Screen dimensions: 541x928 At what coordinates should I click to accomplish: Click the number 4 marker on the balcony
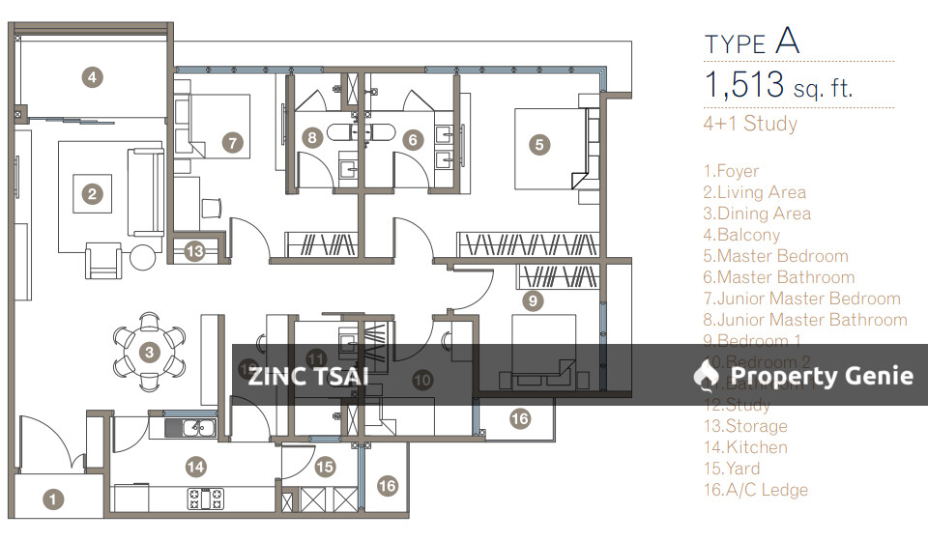coord(91,77)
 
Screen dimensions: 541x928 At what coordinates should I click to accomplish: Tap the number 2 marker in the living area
coord(92,194)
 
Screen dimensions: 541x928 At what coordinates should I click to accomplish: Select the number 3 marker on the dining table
coord(149,353)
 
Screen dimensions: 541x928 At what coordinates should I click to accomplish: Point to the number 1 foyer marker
coord(53,499)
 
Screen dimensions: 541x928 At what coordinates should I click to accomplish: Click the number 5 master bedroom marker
coord(539,145)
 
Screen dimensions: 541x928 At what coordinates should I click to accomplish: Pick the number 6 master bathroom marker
coord(414,140)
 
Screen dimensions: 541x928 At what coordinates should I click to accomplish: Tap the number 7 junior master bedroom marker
coord(231,143)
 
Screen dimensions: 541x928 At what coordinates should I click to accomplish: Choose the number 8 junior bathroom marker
coord(311,138)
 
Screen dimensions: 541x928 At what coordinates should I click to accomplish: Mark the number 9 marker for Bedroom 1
coord(532,300)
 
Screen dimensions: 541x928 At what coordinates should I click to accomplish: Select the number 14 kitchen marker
coord(196,468)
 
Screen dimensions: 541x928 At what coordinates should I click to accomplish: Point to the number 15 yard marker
coord(325,468)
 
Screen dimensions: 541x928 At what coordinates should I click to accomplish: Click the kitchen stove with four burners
coord(205,498)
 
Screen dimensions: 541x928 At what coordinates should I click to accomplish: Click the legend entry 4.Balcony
coord(741,235)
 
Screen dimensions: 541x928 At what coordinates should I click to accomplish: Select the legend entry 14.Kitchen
coord(745,447)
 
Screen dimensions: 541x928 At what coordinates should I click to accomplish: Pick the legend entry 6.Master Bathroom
coord(778,277)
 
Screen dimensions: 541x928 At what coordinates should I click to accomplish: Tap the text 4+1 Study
coord(750,124)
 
